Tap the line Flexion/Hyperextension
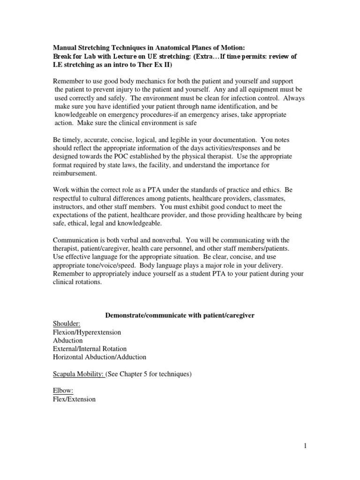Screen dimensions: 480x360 87,332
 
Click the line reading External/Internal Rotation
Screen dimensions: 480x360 90,349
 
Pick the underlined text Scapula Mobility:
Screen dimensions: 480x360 78,374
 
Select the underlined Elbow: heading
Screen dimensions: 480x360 63,391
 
